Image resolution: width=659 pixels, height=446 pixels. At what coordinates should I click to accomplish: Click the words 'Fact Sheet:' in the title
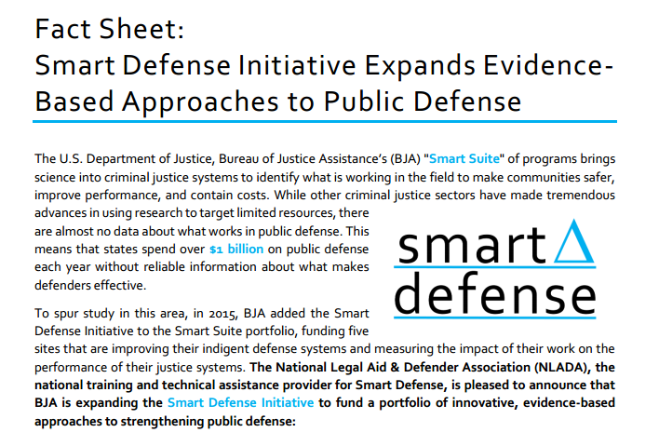(x=110, y=29)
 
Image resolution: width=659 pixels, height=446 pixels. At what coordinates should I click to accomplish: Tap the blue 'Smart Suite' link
(x=464, y=159)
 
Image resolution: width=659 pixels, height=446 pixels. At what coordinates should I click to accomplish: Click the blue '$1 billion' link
(x=236, y=250)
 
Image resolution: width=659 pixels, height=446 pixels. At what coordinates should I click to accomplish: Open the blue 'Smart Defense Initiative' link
(x=240, y=402)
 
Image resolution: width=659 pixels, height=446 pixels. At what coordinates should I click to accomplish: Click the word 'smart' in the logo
(x=472, y=246)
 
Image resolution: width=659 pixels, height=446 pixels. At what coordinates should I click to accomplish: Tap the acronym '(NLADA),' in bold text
(x=562, y=368)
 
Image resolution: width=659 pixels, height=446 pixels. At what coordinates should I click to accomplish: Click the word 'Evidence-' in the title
(x=548, y=65)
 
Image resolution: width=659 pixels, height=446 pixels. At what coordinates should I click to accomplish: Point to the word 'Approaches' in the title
(x=200, y=102)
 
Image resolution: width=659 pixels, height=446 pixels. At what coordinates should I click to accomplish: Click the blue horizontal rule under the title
(x=325, y=121)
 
